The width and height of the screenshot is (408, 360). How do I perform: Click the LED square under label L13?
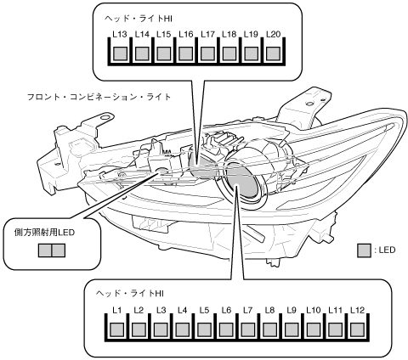(x=120, y=53)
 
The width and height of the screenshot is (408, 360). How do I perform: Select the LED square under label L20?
(x=274, y=53)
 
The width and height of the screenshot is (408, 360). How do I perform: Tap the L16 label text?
(x=186, y=34)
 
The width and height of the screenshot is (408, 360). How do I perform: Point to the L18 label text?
(x=229, y=34)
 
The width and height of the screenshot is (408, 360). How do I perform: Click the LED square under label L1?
(x=116, y=329)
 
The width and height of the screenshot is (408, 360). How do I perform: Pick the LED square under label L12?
(x=357, y=329)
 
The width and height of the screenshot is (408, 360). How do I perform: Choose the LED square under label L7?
(x=248, y=329)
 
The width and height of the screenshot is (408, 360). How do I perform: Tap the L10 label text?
(x=314, y=310)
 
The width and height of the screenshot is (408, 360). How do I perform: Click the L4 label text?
(x=183, y=310)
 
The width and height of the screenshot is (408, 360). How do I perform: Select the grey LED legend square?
(x=364, y=250)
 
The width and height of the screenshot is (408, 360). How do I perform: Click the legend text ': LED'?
(x=385, y=250)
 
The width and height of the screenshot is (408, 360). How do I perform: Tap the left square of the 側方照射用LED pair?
(x=45, y=250)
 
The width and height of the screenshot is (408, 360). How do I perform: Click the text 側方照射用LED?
(x=44, y=233)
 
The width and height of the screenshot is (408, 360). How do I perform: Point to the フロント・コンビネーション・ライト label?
(x=99, y=97)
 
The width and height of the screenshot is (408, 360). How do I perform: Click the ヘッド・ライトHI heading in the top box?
(x=139, y=19)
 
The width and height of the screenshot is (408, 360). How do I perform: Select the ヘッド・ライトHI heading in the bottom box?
(x=130, y=294)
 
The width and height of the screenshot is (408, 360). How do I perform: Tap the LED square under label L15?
(x=164, y=53)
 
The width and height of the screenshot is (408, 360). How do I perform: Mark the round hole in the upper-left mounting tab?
(x=105, y=117)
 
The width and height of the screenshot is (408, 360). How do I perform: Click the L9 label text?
(x=292, y=310)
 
